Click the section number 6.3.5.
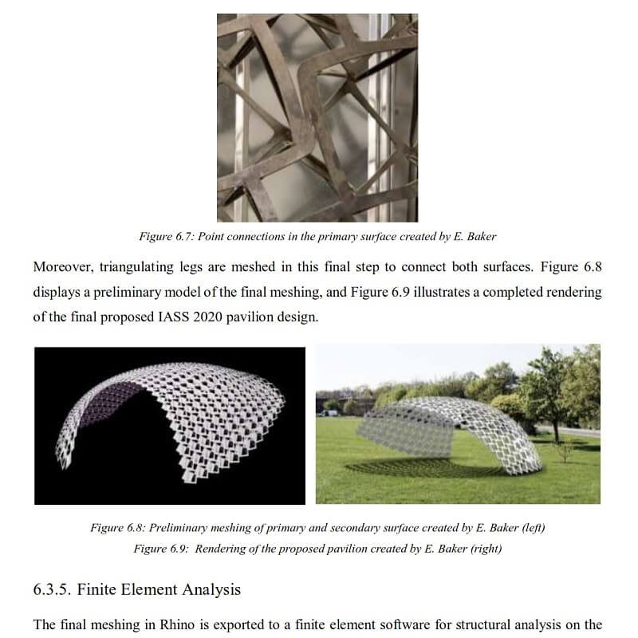coord(53,590)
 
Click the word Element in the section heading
coord(162,590)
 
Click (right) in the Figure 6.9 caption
coord(485,549)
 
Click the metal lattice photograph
coord(317,117)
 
